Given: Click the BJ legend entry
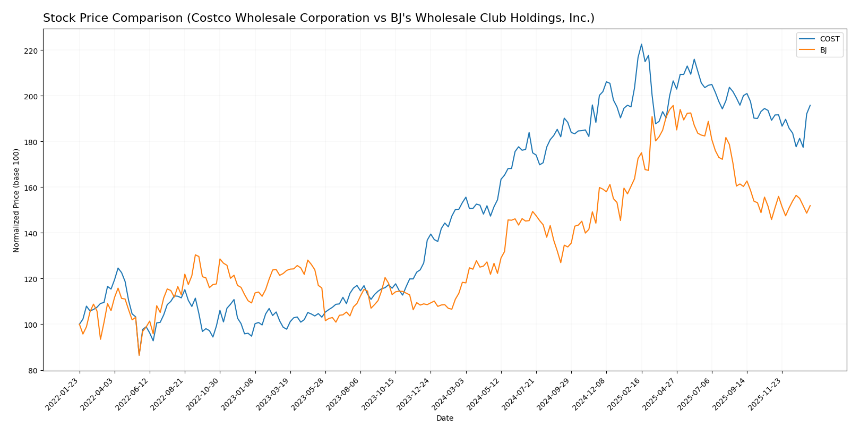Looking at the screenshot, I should [823, 50].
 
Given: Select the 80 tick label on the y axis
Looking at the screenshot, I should [32, 370].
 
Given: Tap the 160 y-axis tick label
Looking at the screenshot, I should [30, 187].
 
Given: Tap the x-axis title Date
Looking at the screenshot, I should [444, 419].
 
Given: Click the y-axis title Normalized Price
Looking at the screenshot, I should [16, 200].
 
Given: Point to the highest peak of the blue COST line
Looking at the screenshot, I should [641, 44].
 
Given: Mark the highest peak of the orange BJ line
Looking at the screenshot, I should [673, 105].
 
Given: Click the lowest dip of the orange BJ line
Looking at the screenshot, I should [139, 355].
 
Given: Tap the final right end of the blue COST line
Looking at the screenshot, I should [810, 105].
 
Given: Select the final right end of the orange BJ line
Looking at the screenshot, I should [810, 206].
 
